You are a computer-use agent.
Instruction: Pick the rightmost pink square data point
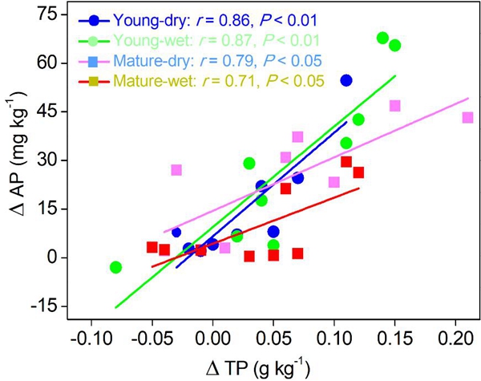click(468, 118)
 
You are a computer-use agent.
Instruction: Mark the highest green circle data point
click(382, 39)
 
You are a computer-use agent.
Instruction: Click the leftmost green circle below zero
click(115, 267)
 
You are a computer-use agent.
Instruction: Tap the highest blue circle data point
click(346, 80)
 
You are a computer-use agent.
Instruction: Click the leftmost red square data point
click(152, 247)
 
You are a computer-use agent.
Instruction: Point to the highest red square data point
click(346, 162)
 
